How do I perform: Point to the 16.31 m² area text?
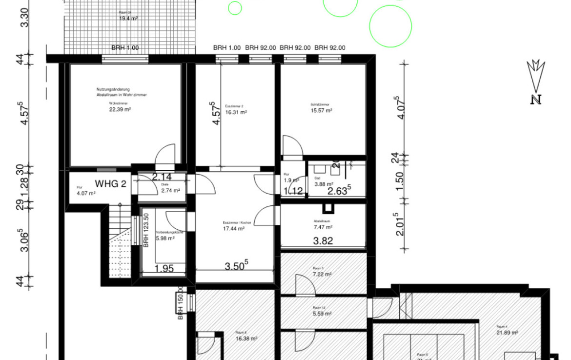pos(236,112)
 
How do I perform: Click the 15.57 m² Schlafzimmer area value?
pos(322,111)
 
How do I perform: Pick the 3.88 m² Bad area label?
pos(323,184)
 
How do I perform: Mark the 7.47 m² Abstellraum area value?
pos(323,227)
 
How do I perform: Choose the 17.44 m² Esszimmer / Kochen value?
pos(234,228)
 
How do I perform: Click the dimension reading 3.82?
pos(323,240)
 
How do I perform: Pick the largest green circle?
pos(390,26)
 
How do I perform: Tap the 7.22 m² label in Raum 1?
pos(322,274)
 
